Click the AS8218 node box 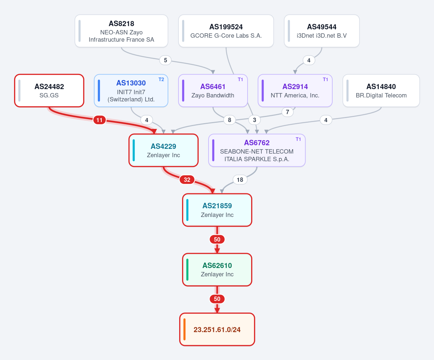coord(121,31)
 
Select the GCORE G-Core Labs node coord(226,31)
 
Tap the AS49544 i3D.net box coord(322,31)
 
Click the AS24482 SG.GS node coord(49,91)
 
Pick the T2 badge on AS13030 coord(161,79)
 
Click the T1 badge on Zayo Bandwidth coord(240,79)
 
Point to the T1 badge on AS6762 coord(298,139)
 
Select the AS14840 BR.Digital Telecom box coord(381,91)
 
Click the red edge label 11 coord(100,120)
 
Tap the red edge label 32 coord(187,180)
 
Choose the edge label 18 coord(240,180)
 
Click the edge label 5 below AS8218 coord(165,60)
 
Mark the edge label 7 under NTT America coord(287,112)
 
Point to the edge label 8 coord(229,120)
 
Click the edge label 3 coord(254,120)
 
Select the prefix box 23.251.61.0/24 coord(217,330)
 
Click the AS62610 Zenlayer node coord(217,270)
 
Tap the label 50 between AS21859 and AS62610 coord(217,239)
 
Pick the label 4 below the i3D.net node coord(309,60)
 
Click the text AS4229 coord(163,146)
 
